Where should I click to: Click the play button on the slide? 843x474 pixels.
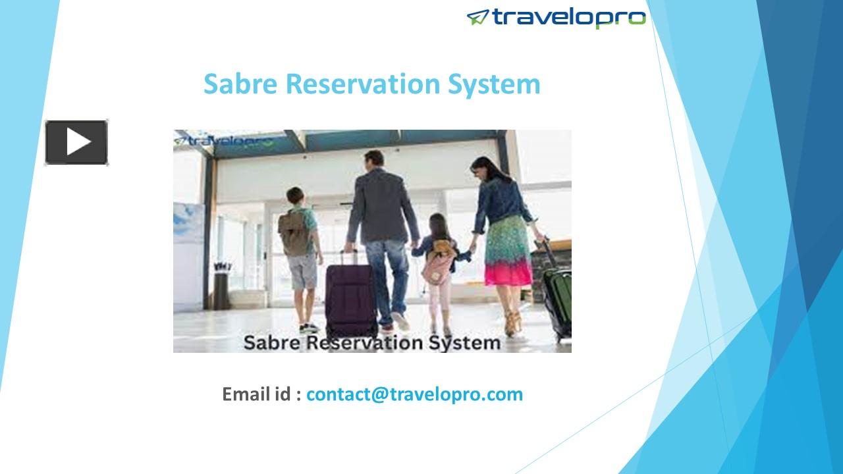[x=76, y=142]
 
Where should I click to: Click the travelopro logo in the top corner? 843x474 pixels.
[x=557, y=18]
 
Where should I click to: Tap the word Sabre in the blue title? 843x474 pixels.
[x=240, y=84]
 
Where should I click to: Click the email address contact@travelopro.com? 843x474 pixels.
[x=414, y=394]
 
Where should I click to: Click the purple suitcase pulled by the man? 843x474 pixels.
[x=351, y=294]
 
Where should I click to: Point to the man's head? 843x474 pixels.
[x=373, y=159]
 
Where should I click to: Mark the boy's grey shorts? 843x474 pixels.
[x=303, y=271]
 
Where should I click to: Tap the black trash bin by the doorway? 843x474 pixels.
[x=221, y=289]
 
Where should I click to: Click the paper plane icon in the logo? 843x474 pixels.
[x=477, y=17]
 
